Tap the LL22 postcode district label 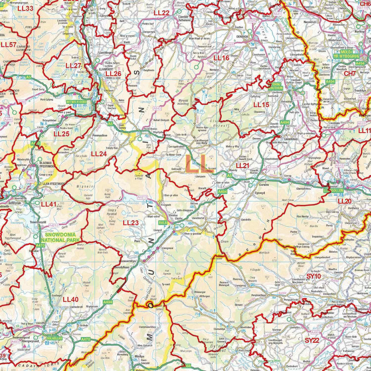point(162,13)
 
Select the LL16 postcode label point(221,58)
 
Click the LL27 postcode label point(74,66)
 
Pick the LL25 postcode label point(62,133)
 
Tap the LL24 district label point(99,154)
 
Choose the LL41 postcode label point(49,204)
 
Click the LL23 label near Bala point(131,222)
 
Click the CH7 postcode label point(350,74)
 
